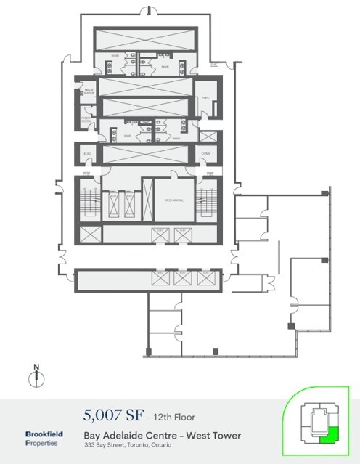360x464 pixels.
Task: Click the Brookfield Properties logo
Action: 44,438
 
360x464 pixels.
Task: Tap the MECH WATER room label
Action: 89,92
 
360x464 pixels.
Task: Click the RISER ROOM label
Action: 86,120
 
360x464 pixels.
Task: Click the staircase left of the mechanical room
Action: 91,200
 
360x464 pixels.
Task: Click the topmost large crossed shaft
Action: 145,37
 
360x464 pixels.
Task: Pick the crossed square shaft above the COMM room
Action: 207,137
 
